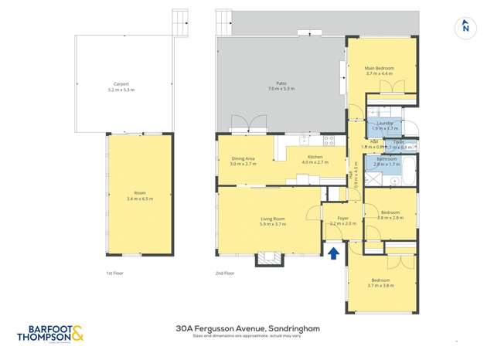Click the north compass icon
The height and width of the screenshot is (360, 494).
tap(465, 26)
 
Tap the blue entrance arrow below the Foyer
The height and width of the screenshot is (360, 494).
tap(334, 252)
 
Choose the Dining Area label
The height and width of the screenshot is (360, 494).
tap(243, 160)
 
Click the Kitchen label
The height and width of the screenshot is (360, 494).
tap(315, 160)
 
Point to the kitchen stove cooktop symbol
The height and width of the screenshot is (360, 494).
tap(328, 141)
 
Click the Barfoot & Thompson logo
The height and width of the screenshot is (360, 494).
tap(49, 334)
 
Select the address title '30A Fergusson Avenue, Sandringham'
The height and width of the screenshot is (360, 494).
tap(247, 328)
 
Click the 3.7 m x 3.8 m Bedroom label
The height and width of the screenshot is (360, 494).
tap(381, 282)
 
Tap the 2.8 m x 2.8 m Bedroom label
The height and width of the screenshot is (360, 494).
tap(390, 215)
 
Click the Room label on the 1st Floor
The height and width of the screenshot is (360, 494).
tap(140, 195)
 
